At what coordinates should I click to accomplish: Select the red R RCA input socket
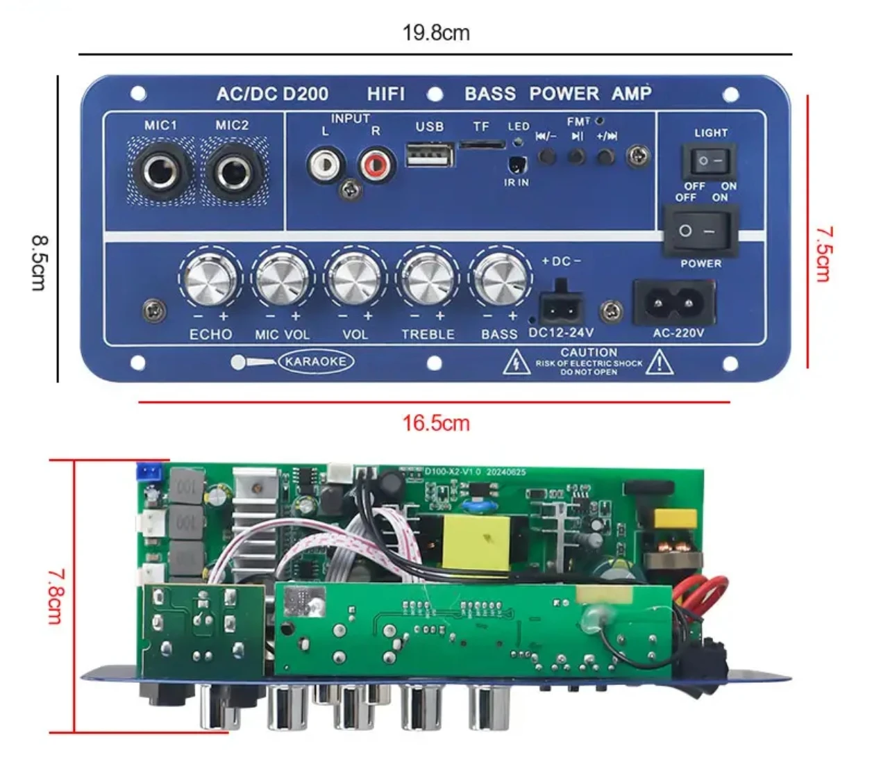pos(376,165)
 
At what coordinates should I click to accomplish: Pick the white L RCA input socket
pos(324,164)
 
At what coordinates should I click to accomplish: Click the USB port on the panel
pos(430,154)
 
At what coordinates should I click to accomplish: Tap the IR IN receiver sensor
pos(516,165)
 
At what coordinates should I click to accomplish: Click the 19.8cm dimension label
pos(436,33)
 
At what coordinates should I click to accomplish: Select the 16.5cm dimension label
pos(436,422)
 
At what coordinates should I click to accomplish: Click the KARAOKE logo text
pos(315,361)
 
